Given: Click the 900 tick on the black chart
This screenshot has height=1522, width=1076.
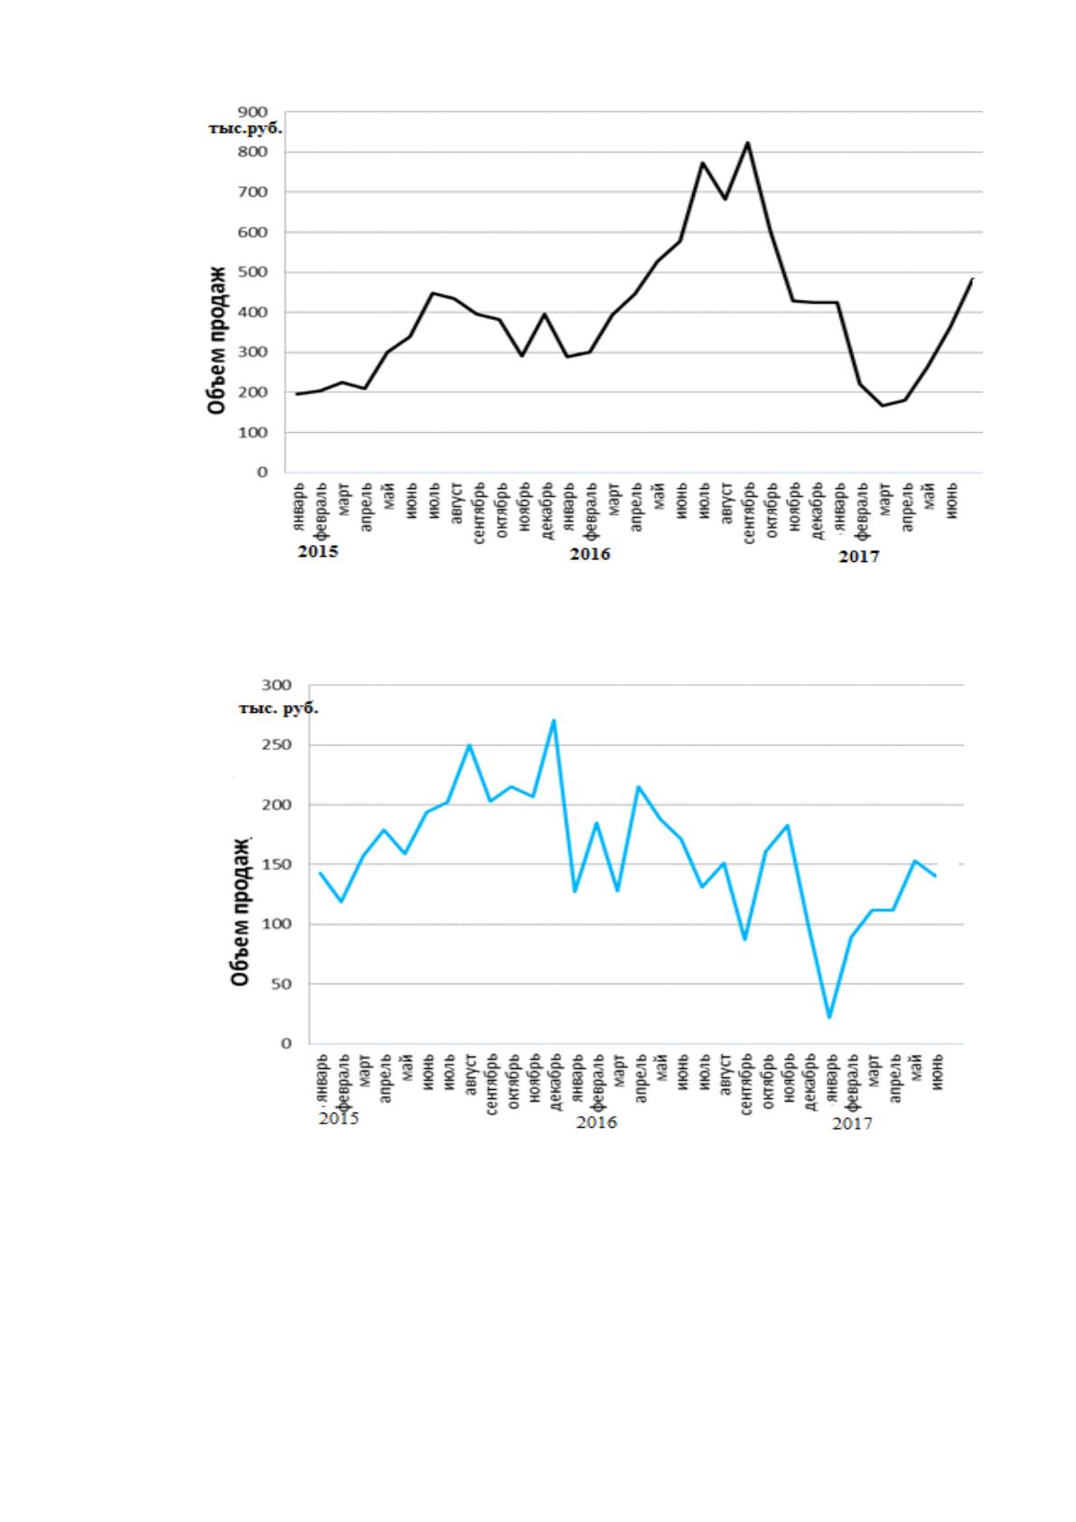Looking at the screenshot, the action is tap(253, 111).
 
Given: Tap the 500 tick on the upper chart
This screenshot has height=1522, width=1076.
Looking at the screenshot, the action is tap(253, 272).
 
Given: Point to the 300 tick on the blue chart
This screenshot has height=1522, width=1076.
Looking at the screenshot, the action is tap(278, 684).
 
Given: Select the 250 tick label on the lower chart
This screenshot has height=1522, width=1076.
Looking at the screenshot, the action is tap(278, 745).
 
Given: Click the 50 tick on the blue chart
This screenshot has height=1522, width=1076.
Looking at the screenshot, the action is tap(283, 984).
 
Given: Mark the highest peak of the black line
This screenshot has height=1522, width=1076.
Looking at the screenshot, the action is tap(747, 142).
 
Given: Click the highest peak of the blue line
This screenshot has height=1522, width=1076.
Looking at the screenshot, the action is tap(554, 720).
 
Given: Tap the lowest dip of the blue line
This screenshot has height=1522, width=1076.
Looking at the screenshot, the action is tap(828, 1017).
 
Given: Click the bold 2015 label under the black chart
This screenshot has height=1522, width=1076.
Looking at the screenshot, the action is tap(318, 551).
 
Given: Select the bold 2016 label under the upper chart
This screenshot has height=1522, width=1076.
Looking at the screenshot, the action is tap(590, 554).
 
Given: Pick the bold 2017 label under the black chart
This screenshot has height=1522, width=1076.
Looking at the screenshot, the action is tap(858, 557).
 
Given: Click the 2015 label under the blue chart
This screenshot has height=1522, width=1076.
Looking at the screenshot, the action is tap(338, 1118).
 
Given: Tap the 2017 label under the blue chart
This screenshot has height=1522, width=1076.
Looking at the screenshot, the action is tap(852, 1123).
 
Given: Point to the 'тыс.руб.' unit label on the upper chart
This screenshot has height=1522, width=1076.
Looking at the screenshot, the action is tap(245, 129).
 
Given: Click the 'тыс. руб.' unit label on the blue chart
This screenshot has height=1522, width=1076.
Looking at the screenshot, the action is tap(278, 709).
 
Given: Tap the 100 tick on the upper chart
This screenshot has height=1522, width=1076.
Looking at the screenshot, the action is tap(253, 432).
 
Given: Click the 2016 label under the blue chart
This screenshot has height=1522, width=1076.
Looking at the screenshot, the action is tap(596, 1122).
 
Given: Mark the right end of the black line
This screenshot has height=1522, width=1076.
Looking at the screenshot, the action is tap(973, 278).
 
